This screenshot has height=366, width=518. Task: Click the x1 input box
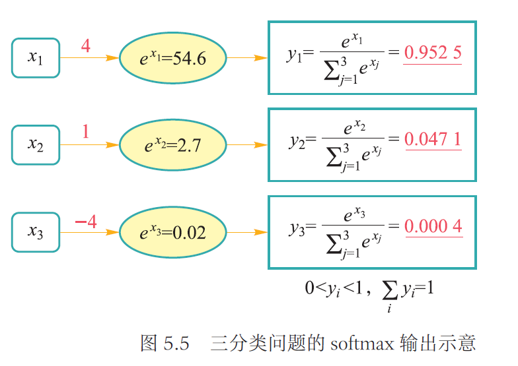tap(36, 57)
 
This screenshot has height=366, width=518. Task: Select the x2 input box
tap(36, 144)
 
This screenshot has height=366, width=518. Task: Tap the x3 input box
tap(36, 231)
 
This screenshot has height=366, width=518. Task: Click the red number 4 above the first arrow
tap(85, 46)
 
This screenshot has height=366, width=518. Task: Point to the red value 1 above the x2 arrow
tap(85, 132)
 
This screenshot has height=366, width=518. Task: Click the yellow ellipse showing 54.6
tap(173, 58)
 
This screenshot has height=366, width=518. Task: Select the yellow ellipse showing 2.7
tap(173, 144)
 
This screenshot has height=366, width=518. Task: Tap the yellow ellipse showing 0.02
tap(173, 232)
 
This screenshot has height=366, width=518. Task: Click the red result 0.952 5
tap(433, 53)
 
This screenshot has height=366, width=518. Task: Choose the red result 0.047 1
tap(433, 139)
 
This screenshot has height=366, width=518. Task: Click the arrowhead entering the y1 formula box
tap(262, 58)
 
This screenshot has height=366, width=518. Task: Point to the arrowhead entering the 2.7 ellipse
tap(114, 144)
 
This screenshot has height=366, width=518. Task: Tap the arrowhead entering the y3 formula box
tap(262, 232)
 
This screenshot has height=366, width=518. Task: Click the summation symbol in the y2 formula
tap(334, 156)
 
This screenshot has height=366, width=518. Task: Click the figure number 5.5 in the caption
tap(176, 344)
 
